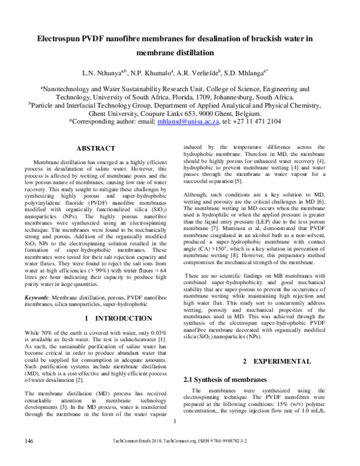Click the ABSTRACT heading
(96, 148)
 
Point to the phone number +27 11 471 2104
(261, 120)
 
